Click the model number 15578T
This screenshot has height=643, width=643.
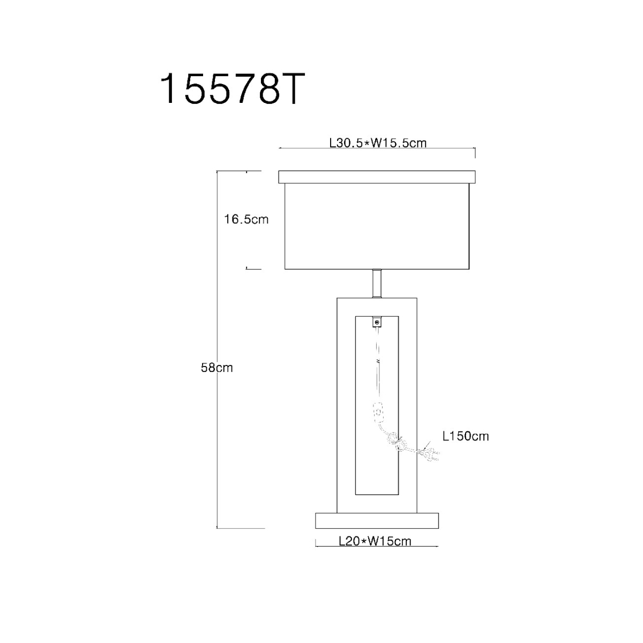pos(233,89)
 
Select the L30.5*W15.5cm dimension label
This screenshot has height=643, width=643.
pos(378,143)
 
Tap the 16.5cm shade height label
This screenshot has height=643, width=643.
pos(246,219)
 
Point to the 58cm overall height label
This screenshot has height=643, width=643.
pos(217,368)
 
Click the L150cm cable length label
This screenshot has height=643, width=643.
pos(466,436)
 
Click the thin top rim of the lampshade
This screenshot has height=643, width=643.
pos(377,177)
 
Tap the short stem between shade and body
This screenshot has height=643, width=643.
pos(377,283)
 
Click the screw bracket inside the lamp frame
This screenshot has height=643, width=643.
pos(377,323)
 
